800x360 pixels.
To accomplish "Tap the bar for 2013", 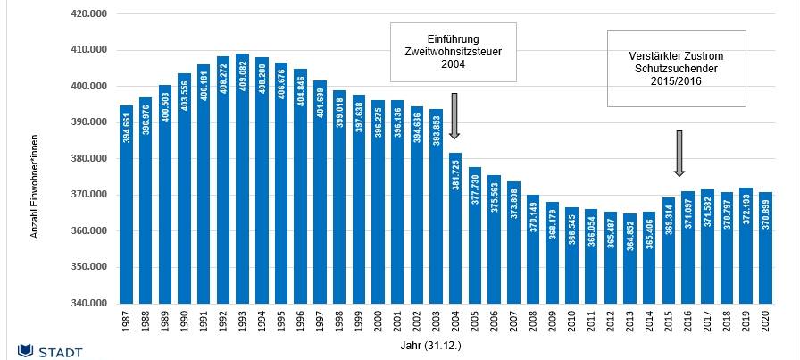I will coord(630,259).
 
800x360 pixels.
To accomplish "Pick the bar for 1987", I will coord(126,205).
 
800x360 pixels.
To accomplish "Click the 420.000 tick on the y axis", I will coord(90,14).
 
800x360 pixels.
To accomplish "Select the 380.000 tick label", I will coord(90,159).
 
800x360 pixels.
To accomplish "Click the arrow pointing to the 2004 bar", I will coord(455,115).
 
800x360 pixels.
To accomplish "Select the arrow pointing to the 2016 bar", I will coord(679,154).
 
